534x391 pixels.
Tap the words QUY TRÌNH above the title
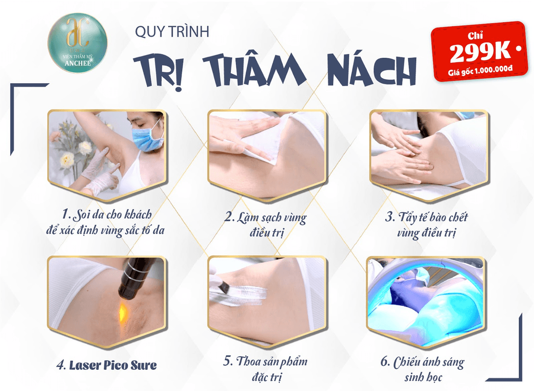(x=172, y=32)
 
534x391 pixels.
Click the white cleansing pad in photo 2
(x=247, y=139)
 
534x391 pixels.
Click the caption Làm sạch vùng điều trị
(x=266, y=224)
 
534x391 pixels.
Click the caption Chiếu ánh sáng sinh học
(x=423, y=369)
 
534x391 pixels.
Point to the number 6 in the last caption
(x=385, y=361)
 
